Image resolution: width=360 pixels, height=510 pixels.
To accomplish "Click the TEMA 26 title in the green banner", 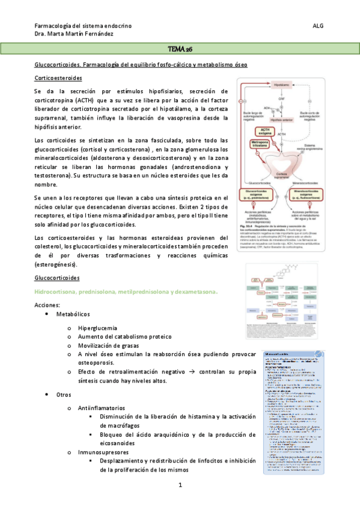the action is [180, 48].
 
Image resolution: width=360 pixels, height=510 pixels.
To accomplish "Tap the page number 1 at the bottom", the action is [180, 485].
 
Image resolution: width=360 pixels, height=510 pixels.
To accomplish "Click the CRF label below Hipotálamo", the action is [281, 98].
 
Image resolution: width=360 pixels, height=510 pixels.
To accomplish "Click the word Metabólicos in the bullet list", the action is [73, 315].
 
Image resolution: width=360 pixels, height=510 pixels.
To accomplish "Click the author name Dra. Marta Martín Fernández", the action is [77, 35].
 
